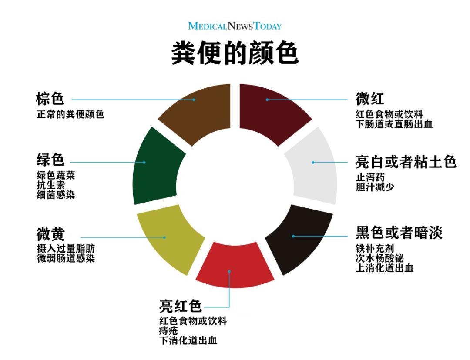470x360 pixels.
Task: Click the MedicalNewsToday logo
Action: click(235, 26)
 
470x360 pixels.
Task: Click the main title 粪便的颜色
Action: click(235, 53)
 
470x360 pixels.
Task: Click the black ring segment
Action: click(300, 237)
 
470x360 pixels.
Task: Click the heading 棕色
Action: click(50, 99)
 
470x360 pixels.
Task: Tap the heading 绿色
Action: click(50, 160)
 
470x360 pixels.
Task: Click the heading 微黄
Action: click(50, 234)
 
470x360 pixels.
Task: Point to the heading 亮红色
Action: click(180, 306)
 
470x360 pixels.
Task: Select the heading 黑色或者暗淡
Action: click(399, 233)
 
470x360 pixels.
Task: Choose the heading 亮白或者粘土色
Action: click(406, 162)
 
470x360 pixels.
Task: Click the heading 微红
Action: click(369, 99)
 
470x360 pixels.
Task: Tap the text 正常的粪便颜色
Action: click(70, 114)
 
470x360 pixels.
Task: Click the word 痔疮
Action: click(168, 330)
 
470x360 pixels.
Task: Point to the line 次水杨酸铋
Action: click(380, 258)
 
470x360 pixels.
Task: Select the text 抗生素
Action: click(50, 185)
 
